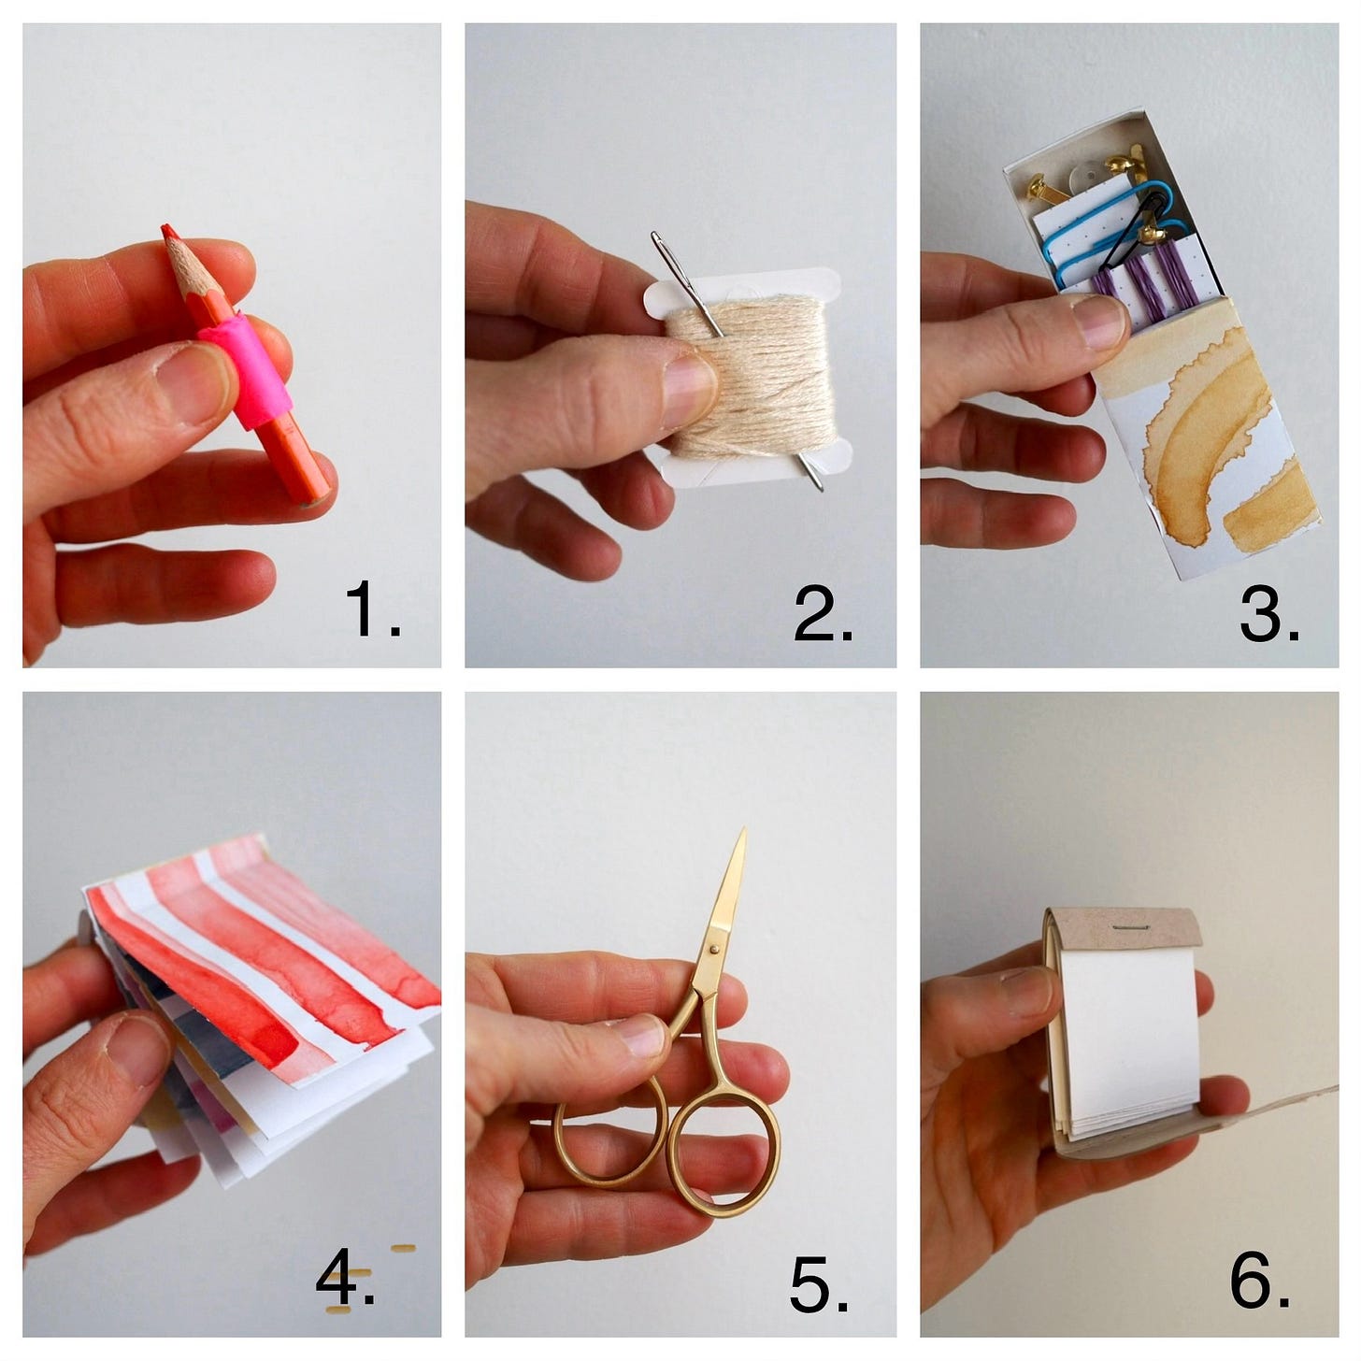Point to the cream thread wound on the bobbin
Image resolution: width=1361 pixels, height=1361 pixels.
coord(750,376)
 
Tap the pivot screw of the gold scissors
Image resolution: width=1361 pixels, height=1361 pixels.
coord(715,950)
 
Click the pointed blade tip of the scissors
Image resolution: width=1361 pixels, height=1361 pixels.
coord(744,832)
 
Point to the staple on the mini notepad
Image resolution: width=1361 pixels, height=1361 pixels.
coord(1130,927)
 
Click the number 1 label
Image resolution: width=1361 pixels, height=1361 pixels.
coord(372,609)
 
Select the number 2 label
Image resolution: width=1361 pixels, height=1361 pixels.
coord(822,613)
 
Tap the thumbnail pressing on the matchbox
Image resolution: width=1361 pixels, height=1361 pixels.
coord(1099,322)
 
